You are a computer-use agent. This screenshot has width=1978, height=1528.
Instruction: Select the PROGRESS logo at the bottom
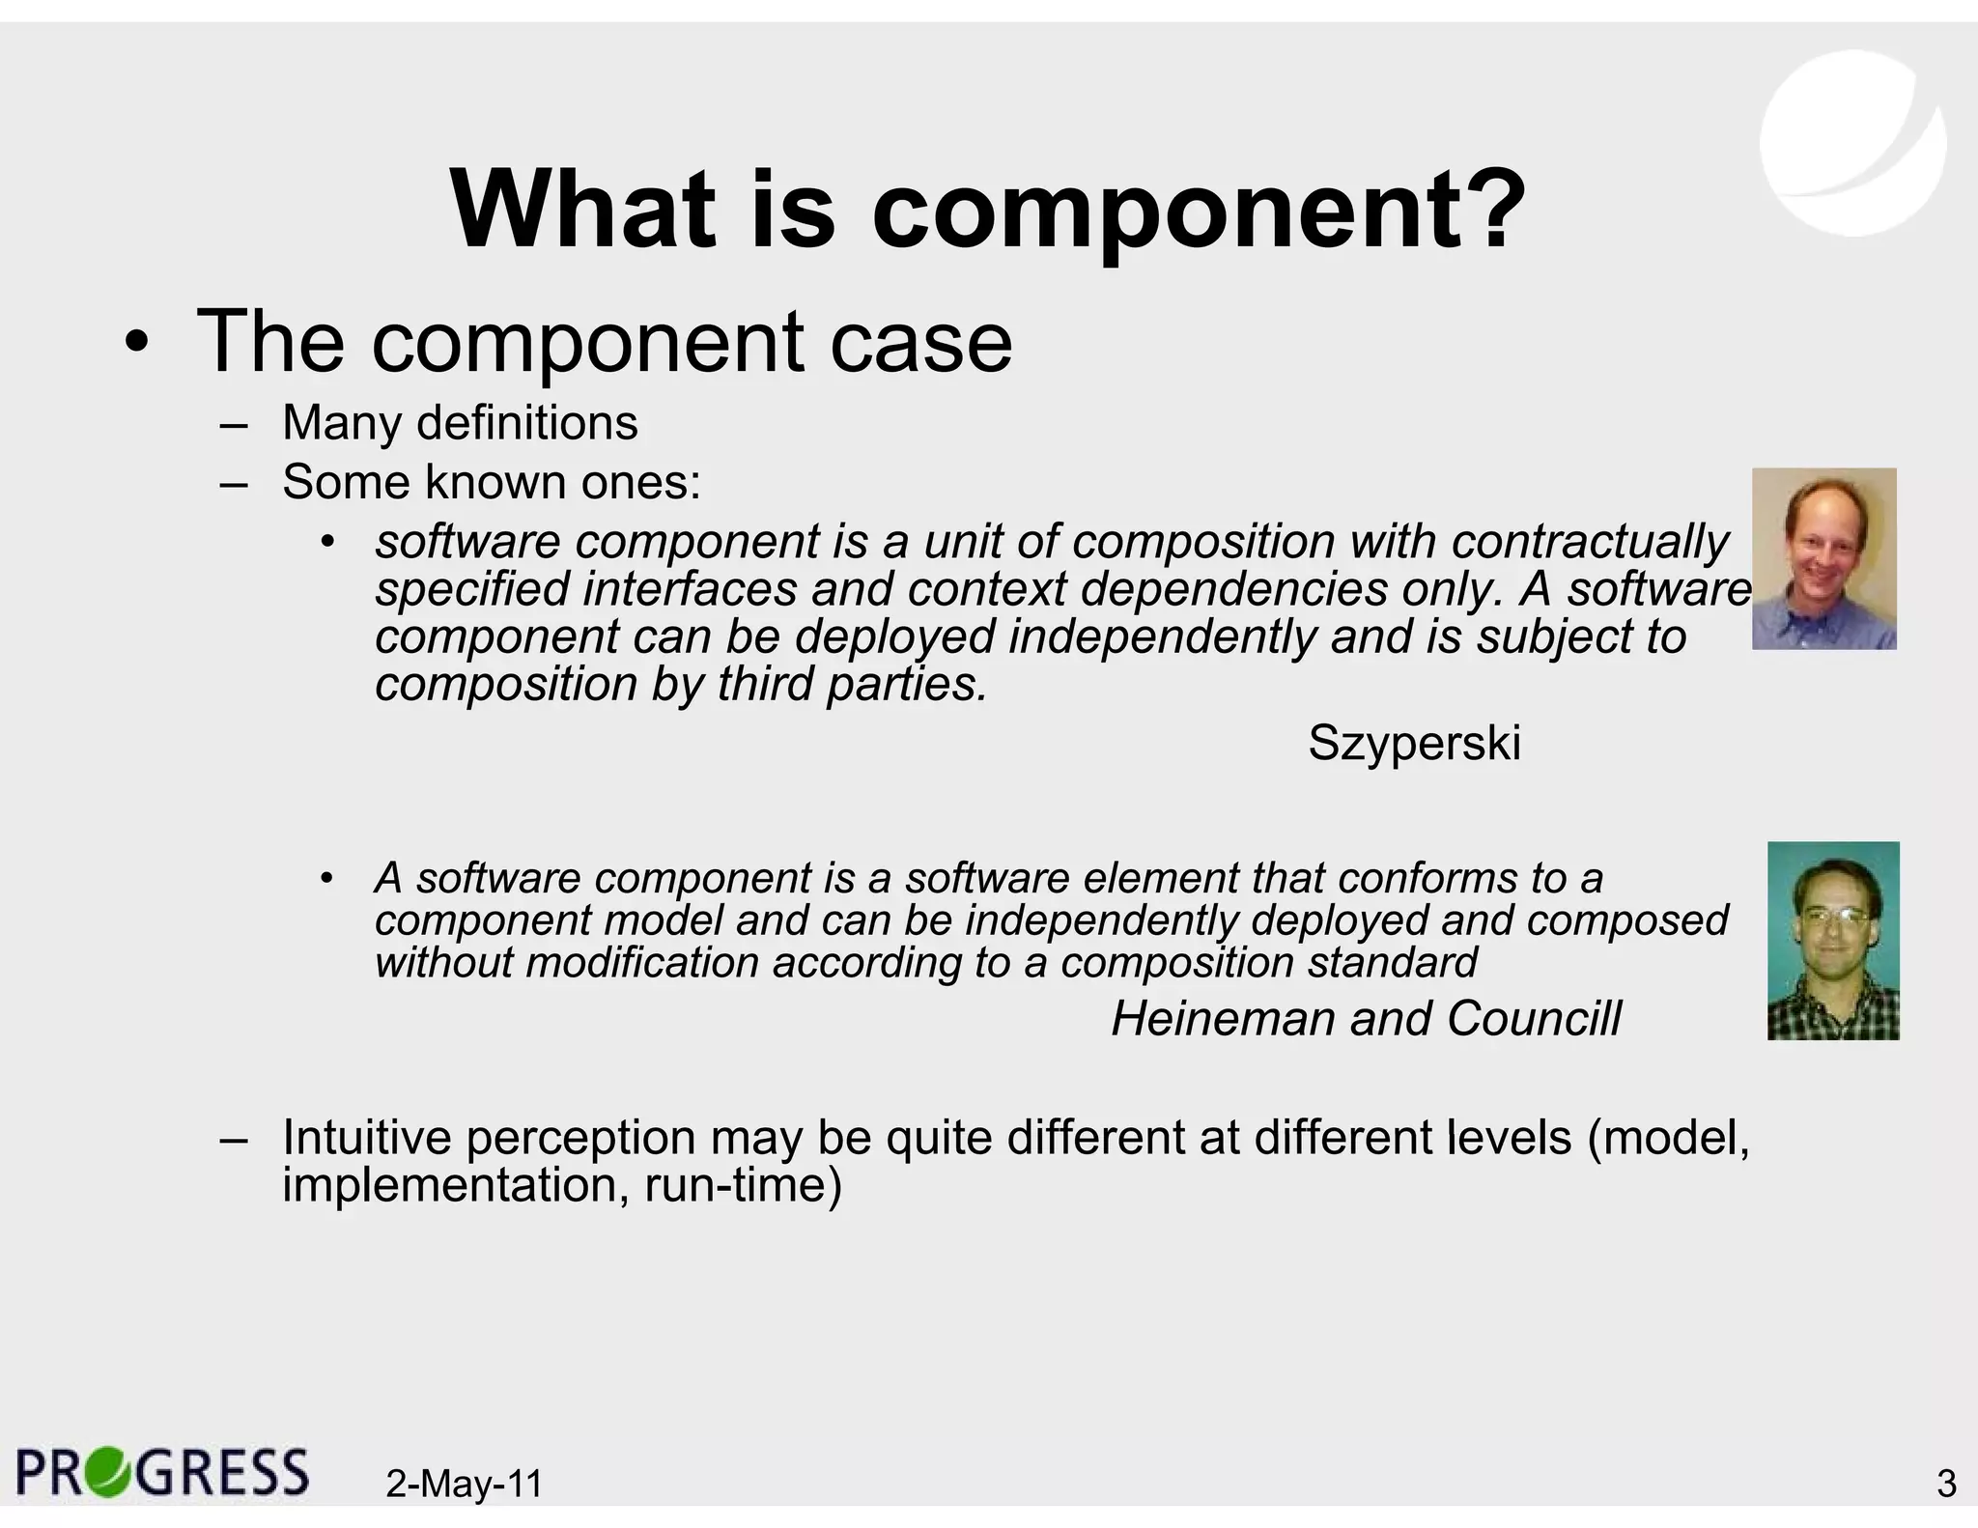click(x=162, y=1473)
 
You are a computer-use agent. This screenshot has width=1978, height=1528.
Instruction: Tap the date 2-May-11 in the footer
click(x=464, y=1483)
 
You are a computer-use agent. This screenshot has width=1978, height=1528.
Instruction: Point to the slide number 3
click(x=1946, y=1483)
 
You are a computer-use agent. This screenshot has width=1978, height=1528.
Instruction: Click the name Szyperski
click(x=1414, y=743)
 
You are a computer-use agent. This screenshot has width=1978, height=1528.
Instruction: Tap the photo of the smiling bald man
click(x=1823, y=558)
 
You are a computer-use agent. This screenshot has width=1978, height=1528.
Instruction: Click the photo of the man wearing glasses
click(x=1832, y=940)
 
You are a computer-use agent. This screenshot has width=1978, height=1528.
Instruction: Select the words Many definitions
click(x=460, y=423)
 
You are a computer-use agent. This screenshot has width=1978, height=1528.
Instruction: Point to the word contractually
click(x=1590, y=542)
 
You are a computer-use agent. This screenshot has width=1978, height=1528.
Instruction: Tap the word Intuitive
click(x=366, y=1138)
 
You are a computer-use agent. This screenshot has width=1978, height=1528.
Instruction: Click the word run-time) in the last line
click(x=743, y=1185)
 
